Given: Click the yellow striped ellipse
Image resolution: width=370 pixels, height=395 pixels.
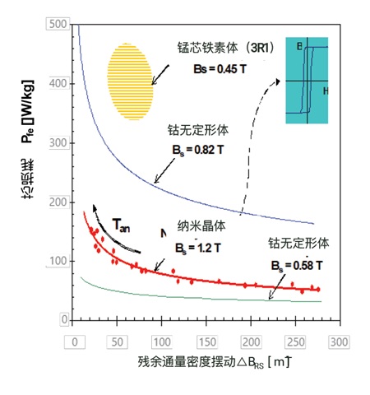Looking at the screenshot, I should point(131,79).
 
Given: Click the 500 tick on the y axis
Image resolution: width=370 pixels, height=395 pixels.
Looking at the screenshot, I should point(58,26).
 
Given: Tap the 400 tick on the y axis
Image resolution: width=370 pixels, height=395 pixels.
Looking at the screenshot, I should point(58,84).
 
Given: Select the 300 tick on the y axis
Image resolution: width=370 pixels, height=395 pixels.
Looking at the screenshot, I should point(58,143).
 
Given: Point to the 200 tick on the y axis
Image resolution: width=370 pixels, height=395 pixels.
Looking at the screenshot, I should point(58,202).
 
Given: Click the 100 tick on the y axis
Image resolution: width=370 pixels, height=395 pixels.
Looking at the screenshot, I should point(58,261).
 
